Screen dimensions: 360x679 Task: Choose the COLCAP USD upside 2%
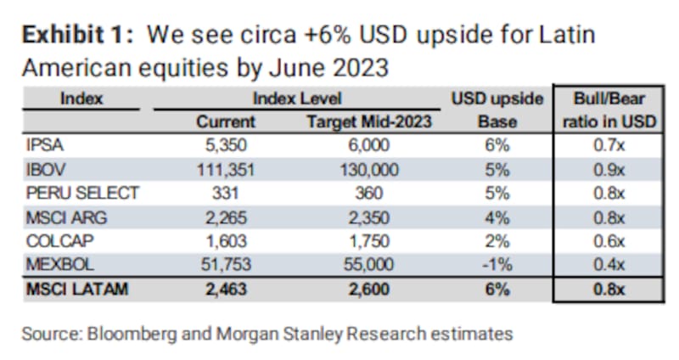pyautogui.click(x=497, y=242)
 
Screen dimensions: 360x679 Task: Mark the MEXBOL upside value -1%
pyautogui.click(x=497, y=266)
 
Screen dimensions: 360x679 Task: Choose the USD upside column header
pyautogui.click(x=497, y=99)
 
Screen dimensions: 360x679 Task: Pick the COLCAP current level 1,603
pyautogui.click(x=227, y=242)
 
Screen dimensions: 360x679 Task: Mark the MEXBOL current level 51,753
pyautogui.click(x=227, y=266)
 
